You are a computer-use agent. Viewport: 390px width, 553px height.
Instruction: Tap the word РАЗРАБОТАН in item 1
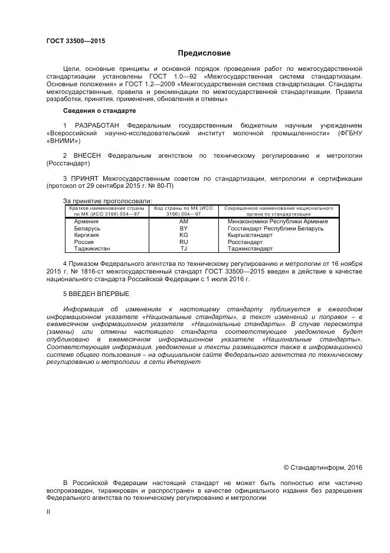click(97, 126)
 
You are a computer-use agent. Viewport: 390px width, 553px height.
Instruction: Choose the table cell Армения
click(86, 220)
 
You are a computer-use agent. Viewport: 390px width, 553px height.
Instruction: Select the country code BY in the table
click(183, 227)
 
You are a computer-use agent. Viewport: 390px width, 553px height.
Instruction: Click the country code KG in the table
click(183, 235)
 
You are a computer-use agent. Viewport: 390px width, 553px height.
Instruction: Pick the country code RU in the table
click(183, 242)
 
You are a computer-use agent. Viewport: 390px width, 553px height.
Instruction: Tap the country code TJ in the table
click(183, 249)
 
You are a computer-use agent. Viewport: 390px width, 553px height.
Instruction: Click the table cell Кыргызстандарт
click(250, 235)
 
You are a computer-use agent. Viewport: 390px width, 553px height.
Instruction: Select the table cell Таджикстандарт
click(250, 249)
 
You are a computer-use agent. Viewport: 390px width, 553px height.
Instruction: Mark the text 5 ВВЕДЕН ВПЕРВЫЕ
click(96, 294)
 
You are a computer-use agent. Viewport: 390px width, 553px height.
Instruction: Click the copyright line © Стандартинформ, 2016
click(323, 467)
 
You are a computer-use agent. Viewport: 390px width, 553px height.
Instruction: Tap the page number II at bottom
click(48, 512)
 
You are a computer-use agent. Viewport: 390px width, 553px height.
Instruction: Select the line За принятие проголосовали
click(99, 201)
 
